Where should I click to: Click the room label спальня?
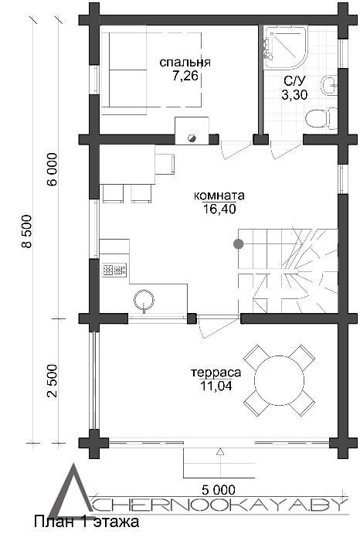[185, 63]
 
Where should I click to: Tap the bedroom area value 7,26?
[185, 76]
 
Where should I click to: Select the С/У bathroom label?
[294, 81]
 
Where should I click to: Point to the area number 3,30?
[294, 94]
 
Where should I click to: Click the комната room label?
[219, 196]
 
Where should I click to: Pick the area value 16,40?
[219, 209]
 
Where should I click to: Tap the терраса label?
[216, 373]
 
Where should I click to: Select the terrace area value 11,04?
[216, 386]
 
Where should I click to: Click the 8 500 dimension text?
[26, 231]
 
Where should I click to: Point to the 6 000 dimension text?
[53, 170]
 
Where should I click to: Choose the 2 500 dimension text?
[53, 380]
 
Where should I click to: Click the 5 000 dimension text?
[219, 489]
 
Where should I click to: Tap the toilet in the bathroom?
[321, 118]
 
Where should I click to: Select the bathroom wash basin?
[329, 85]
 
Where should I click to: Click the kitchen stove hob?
[114, 270]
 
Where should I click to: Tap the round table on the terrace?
[279, 380]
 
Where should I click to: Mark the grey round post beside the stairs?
[238, 244]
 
